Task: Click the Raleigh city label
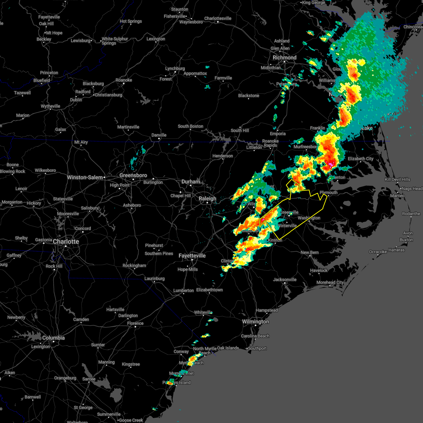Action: [207, 198]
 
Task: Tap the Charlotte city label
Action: [66, 241]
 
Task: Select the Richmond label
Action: [284, 57]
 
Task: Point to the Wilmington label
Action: [255, 321]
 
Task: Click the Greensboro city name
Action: [133, 175]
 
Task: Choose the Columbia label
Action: [53, 338]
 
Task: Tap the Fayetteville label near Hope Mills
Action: [192, 256]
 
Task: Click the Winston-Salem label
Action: [85, 177]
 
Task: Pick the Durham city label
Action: [191, 182]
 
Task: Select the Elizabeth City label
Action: [361, 159]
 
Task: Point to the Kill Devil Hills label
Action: [398, 179]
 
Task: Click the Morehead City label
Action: [330, 282]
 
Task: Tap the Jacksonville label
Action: [285, 280]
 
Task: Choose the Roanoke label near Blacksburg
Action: [124, 80]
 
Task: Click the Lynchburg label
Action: [175, 68]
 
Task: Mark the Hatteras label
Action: [397, 250]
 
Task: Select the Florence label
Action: [135, 323]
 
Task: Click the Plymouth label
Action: [329, 192]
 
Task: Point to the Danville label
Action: [159, 135]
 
